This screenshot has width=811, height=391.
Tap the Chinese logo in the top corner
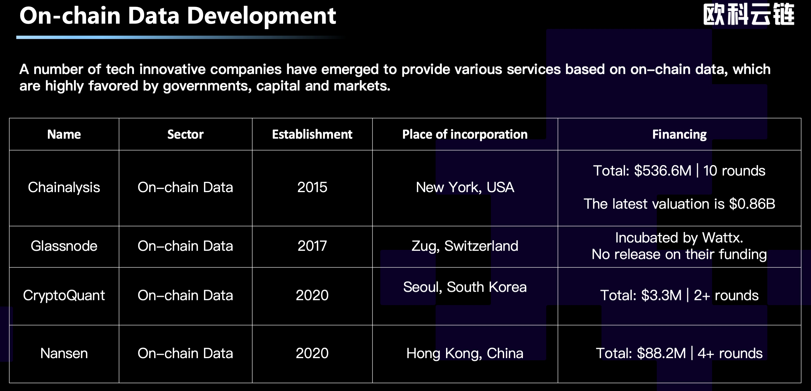pos(748,14)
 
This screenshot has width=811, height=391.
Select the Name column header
pos(64,135)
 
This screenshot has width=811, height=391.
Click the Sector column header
pos(186,135)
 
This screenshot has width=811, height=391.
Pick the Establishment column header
pos(312,135)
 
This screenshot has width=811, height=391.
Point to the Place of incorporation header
pos(465,135)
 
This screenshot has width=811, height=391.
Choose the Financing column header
pos(679,135)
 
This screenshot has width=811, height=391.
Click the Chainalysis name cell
pos(64,188)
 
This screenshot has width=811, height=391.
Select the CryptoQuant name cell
pos(64,295)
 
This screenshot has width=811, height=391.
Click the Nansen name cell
pos(64,353)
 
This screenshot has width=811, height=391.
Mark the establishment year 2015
pos(312,188)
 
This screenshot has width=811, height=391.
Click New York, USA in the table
pos(465,188)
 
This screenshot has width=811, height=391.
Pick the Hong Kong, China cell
pos(465,353)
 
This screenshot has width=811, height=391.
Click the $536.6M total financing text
pos(662,171)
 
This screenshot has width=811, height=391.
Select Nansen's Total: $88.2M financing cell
pos(679,353)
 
